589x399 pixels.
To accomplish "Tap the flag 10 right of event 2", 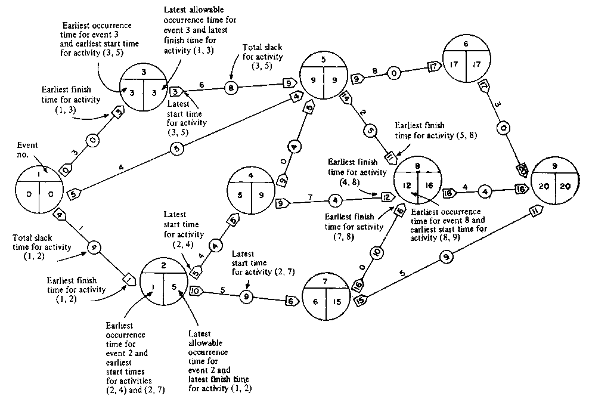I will [x=196, y=292].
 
